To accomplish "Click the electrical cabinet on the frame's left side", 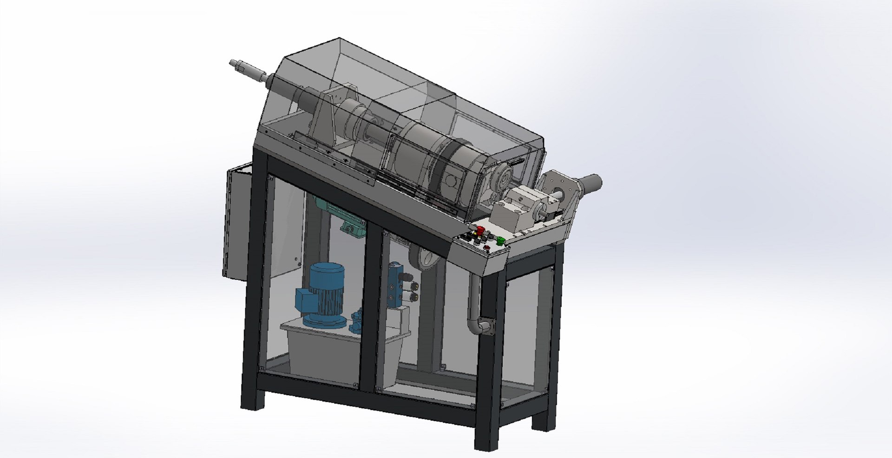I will (x=237, y=223).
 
